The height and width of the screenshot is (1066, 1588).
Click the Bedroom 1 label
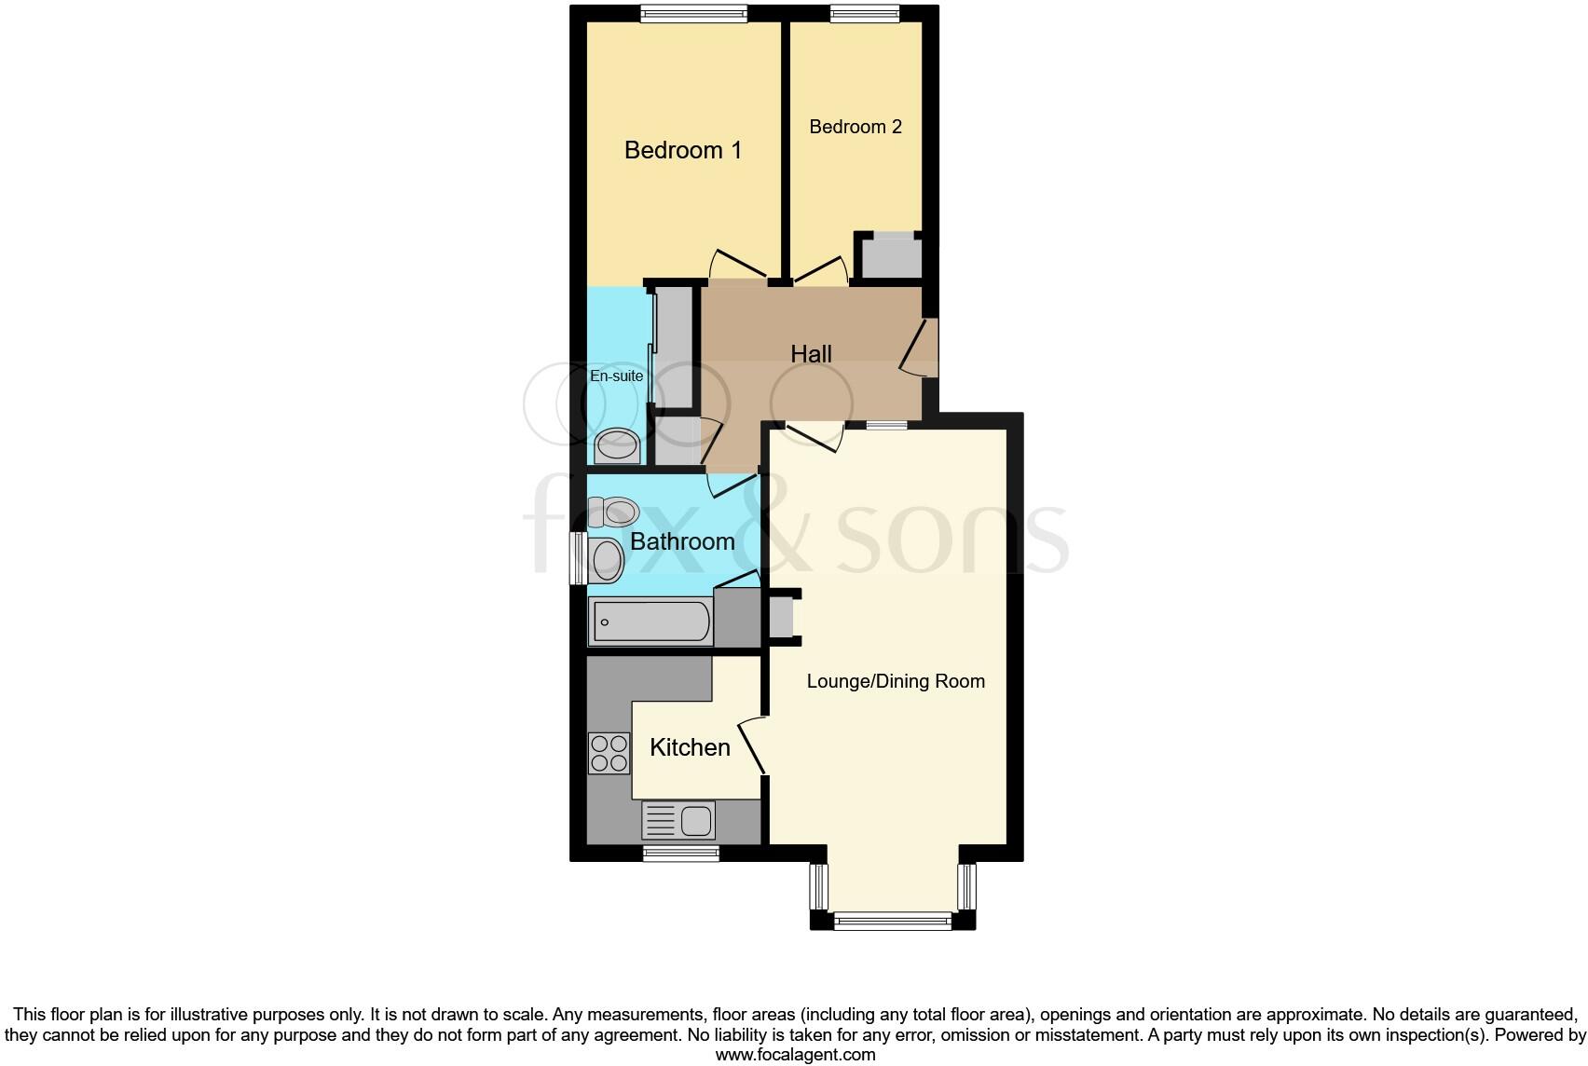[x=682, y=150]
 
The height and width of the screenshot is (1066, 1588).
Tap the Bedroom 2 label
[x=856, y=127]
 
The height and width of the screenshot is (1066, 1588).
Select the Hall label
[x=811, y=354]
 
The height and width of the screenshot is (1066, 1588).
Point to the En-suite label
[x=617, y=376]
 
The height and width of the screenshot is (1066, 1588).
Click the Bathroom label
[x=682, y=541]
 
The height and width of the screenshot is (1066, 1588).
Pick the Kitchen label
[x=690, y=747]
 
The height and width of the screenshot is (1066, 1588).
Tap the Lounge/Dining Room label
[x=895, y=681]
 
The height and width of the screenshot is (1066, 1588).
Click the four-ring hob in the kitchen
[x=609, y=753]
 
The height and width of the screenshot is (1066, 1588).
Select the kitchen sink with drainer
[x=678, y=821]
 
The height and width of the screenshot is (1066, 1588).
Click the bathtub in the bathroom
[x=650, y=622]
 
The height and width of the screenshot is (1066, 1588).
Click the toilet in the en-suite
[x=617, y=446]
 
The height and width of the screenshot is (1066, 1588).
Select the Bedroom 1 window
[x=693, y=13]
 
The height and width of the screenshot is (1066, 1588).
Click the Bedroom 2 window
[x=865, y=13]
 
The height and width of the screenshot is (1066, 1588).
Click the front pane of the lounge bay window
[x=893, y=922]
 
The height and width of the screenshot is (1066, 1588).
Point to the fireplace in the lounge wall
[x=781, y=617]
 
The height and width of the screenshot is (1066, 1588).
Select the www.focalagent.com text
[x=795, y=1055]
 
